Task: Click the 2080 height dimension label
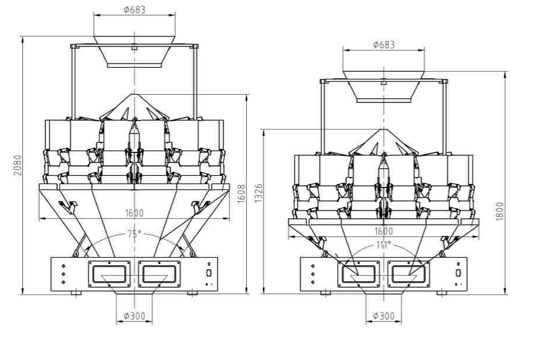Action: pos(18,165)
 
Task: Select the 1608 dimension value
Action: pos(242,194)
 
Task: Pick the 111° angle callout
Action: pos(383,245)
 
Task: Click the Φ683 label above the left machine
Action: pos(135,9)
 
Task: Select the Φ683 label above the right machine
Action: pos(383,45)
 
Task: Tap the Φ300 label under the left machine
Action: pos(134,315)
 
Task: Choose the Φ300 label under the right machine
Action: pos(383,315)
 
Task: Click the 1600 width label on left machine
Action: pos(134,212)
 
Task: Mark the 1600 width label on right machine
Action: pos(383,231)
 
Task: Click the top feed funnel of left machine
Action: pos(134,51)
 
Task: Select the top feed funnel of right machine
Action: pos(383,86)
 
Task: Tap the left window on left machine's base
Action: pos(109,274)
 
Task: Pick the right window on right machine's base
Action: pos(409,274)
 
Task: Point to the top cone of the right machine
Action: pos(383,142)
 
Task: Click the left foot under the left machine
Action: pos(76,293)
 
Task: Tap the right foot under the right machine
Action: pos(442,293)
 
